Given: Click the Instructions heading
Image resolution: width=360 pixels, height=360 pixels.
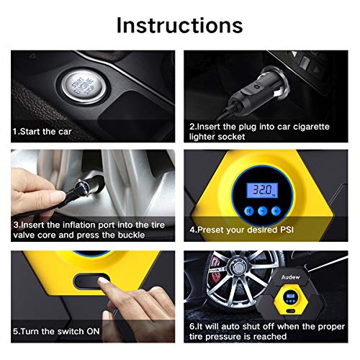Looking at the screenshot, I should click(180, 24).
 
